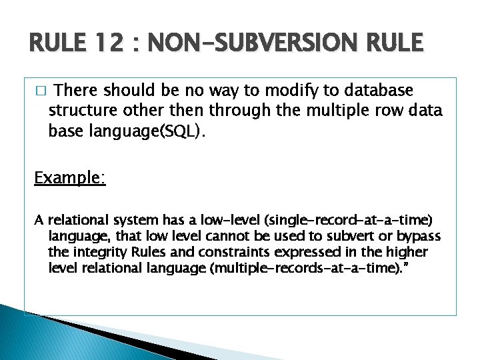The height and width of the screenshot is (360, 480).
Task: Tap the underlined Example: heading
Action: click(70, 179)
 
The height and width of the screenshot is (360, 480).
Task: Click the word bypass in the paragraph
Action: click(420, 237)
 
